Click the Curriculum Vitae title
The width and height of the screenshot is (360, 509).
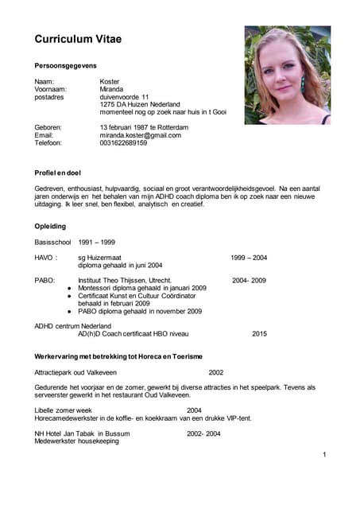(78, 39)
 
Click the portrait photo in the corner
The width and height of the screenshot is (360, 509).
(287, 75)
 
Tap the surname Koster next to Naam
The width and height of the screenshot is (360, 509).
(110, 82)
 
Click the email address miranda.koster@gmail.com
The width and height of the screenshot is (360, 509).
(140, 135)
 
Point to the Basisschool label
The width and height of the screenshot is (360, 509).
(52, 242)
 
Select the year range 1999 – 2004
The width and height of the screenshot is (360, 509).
(248, 258)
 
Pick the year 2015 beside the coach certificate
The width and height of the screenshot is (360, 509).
(259, 334)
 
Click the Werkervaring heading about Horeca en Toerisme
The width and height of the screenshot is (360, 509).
(118, 356)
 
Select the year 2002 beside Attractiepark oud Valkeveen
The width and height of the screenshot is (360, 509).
(215, 372)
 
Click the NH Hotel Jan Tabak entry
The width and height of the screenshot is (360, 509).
(82, 433)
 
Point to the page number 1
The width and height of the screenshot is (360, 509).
(324, 454)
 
